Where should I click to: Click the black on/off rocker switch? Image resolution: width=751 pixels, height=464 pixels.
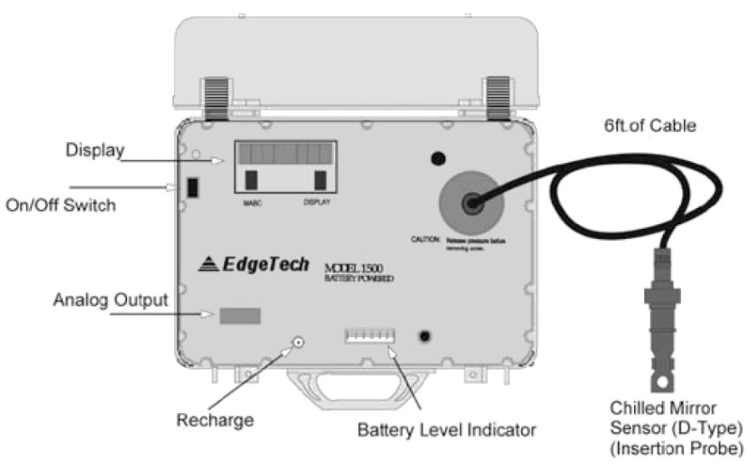tap(191, 187)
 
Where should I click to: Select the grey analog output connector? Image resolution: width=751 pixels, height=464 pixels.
tap(240, 315)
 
